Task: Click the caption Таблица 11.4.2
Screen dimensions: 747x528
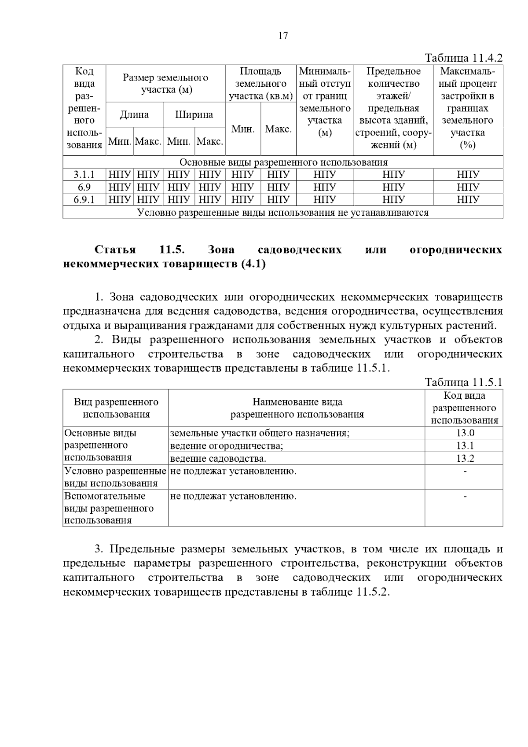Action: (x=463, y=58)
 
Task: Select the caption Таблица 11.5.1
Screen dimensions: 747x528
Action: (x=463, y=382)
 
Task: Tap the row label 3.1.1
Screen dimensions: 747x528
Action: (x=84, y=175)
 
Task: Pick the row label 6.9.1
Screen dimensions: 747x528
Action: (x=84, y=200)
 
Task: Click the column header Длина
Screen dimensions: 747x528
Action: (x=134, y=115)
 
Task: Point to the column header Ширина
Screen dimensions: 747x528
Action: (x=194, y=115)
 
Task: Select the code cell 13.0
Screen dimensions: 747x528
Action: (x=465, y=433)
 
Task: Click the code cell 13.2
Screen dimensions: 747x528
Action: (x=465, y=459)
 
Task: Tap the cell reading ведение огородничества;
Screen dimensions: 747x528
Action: (x=227, y=446)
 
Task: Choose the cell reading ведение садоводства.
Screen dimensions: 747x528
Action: (x=218, y=459)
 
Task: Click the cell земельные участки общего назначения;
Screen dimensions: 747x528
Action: (x=260, y=433)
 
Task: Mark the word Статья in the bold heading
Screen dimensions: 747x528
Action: (x=115, y=250)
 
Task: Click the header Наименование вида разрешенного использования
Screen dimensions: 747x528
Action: (x=297, y=408)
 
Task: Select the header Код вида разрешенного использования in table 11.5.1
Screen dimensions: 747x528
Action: (x=464, y=408)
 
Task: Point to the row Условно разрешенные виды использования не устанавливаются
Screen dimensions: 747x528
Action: (x=283, y=213)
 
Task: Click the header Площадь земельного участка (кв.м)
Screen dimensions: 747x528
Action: (x=260, y=84)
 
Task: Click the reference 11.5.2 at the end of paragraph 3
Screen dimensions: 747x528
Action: (x=373, y=592)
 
